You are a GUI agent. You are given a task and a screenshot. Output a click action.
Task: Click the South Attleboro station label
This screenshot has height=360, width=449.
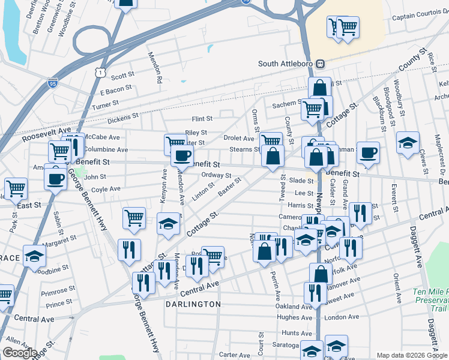pyautogui.click(x=286, y=64)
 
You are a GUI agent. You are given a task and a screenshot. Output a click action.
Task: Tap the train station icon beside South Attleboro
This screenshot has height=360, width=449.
pyautogui.click(x=321, y=64)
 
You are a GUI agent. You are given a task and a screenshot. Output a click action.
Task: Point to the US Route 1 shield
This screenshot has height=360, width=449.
pyautogui.click(x=100, y=72)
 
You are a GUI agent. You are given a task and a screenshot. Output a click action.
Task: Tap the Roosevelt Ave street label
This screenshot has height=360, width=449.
pyautogui.click(x=47, y=134)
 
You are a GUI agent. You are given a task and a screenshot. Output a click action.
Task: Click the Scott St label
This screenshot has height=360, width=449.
pyautogui.click(x=122, y=76)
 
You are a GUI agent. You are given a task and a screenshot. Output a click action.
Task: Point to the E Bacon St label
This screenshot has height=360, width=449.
pyautogui.click(x=116, y=90)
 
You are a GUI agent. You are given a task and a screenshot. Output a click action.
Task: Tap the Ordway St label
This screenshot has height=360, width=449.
pyautogui.click(x=217, y=175)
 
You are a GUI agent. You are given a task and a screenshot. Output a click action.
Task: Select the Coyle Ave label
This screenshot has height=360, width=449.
pyautogui.click(x=106, y=188)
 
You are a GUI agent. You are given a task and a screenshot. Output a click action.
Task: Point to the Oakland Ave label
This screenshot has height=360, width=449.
pyautogui.click(x=294, y=307)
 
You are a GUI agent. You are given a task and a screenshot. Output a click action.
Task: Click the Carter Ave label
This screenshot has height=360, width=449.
pyautogui.click(x=230, y=355)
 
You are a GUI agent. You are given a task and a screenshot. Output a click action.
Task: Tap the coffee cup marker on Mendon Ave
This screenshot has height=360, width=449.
pyautogui.click(x=181, y=157)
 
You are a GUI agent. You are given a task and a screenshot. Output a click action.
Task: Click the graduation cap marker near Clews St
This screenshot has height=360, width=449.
pyautogui.click(x=408, y=143)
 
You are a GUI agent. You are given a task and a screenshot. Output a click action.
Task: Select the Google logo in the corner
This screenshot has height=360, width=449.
pyautogui.click(x=20, y=353)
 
